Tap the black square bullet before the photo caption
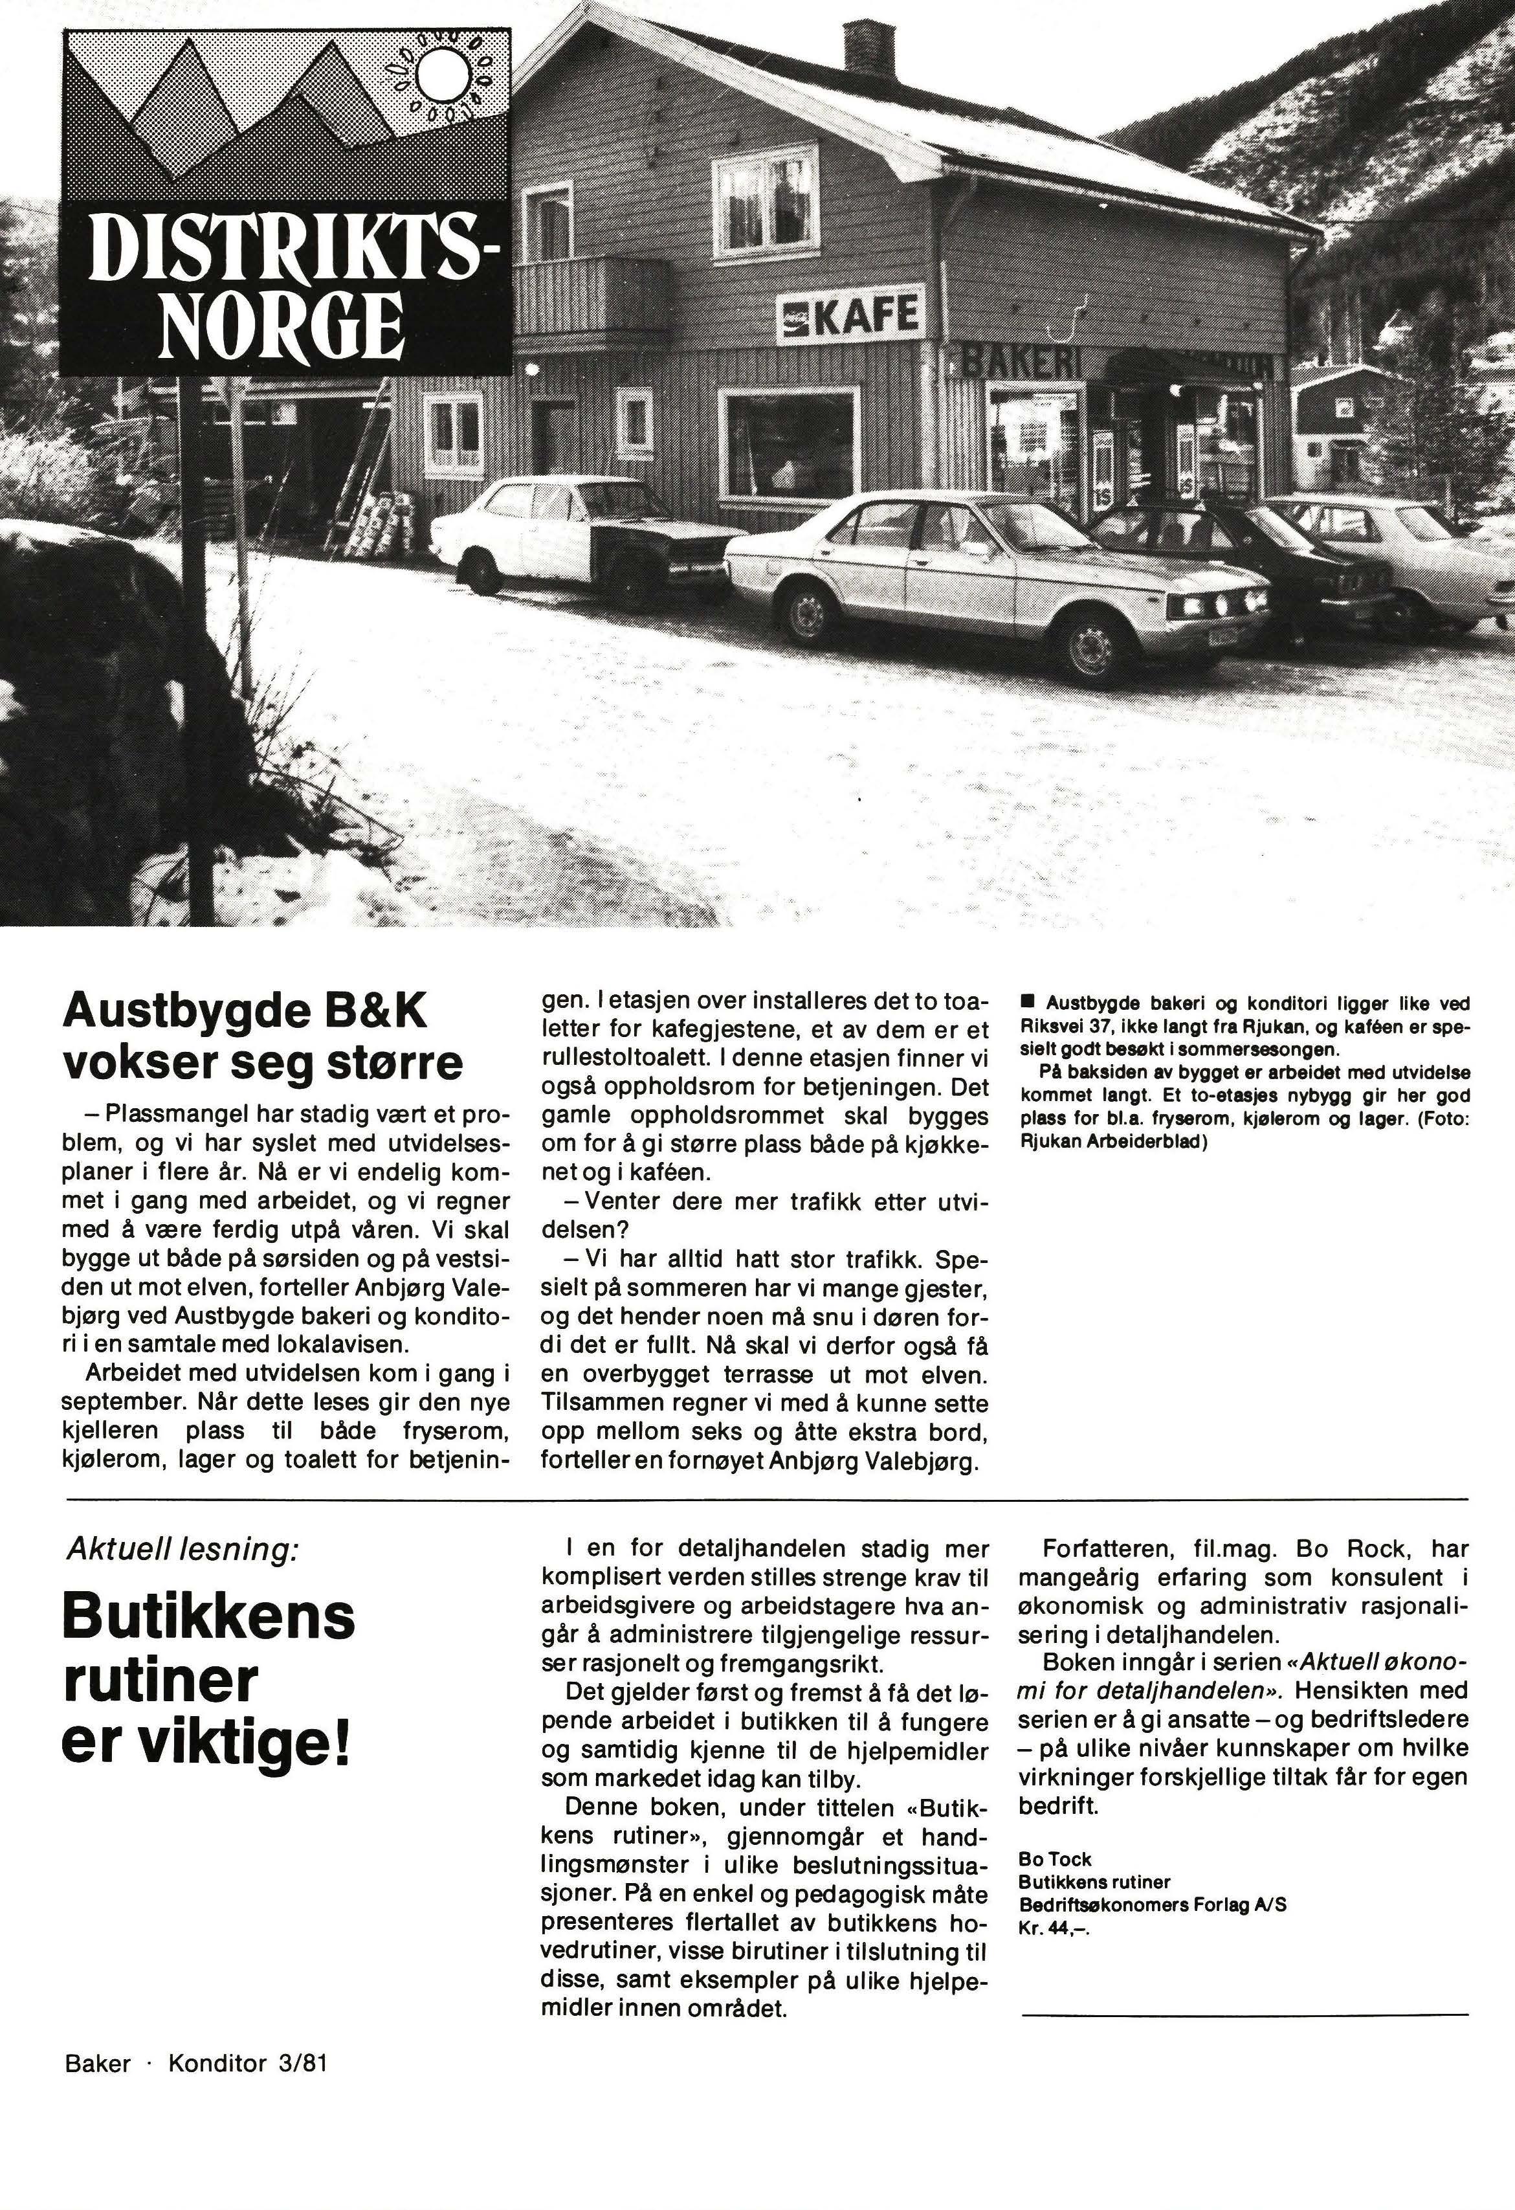[1026, 1002]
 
